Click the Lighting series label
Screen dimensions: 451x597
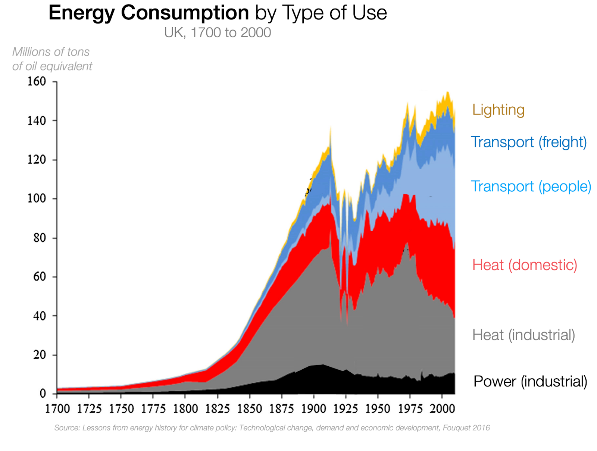498,110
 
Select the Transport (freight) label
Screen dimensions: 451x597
528,142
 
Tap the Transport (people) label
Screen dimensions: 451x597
531,187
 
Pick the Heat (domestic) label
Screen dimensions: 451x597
524,265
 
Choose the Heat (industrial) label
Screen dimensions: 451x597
523,335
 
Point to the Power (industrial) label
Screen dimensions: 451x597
530,382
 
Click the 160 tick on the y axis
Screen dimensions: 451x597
37,81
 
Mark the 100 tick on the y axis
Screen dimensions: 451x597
37,198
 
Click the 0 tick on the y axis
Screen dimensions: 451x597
43,394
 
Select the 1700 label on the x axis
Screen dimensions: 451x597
57,409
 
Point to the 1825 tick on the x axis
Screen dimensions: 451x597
218,409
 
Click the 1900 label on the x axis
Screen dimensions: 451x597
313,409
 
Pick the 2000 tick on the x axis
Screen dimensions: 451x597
442,409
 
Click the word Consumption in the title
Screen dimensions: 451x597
185,13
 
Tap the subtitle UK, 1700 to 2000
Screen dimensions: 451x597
218,33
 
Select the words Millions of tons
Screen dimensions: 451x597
51,52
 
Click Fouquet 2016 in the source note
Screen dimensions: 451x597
466,428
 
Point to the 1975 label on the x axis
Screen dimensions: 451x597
410,409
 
